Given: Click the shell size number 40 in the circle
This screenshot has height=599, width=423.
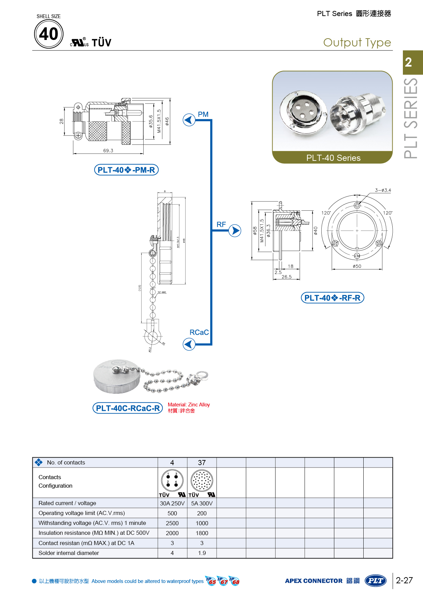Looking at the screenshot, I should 49,34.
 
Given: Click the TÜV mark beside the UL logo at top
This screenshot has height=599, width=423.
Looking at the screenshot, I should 101,43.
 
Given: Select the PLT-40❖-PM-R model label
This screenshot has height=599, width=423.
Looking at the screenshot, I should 126,170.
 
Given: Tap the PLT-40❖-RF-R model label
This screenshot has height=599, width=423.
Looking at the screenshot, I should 333,298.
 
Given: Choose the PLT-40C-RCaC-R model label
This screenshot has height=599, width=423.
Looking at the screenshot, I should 128,408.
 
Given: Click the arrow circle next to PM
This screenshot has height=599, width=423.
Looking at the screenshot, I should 189,120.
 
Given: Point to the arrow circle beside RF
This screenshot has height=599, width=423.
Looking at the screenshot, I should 235,231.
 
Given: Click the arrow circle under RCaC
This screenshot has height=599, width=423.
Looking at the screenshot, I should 189,344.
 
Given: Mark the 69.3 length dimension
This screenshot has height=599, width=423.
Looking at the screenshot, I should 108,151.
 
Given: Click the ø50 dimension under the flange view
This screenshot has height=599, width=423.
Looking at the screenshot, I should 357,266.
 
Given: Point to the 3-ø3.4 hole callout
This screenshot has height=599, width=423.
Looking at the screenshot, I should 383,190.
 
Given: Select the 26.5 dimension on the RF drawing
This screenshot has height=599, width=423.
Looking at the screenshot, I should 287,277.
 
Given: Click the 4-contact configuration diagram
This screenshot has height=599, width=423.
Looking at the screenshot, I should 172,480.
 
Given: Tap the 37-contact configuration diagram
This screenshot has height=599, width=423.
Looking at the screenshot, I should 202,480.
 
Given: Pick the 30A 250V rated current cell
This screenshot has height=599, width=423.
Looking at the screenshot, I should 172,503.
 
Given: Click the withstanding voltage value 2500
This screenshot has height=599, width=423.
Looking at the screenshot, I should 172,523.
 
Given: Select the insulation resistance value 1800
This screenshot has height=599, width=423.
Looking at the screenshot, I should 202,533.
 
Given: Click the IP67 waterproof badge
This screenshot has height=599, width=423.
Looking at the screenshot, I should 223,581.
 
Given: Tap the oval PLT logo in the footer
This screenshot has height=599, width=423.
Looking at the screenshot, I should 376,581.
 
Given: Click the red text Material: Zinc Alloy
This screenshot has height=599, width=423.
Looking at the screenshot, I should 189,405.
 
